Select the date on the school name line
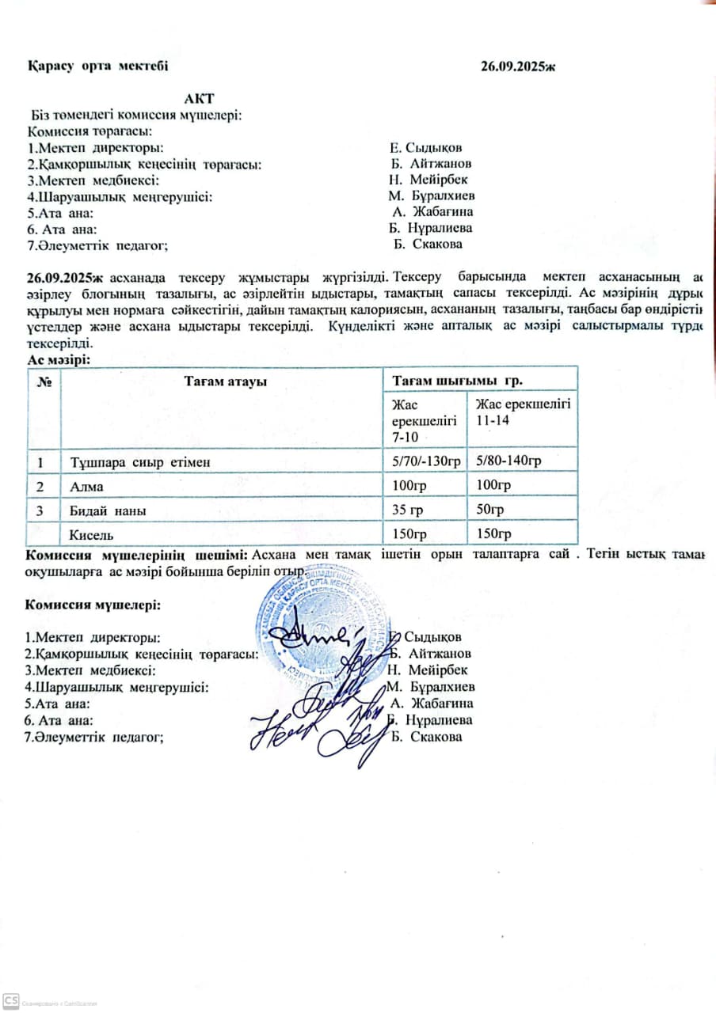pyautogui.click(x=518, y=66)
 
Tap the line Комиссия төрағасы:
pyautogui.click(x=89, y=131)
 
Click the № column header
pyautogui.click(x=44, y=381)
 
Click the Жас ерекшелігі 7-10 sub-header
pyautogui.click(x=424, y=420)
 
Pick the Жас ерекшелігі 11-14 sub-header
pyautogui.click(x=522, y=412)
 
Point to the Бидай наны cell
pyautogui.click(x=108, y=510)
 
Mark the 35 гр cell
pyautogui.click(x=409, y=510)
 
